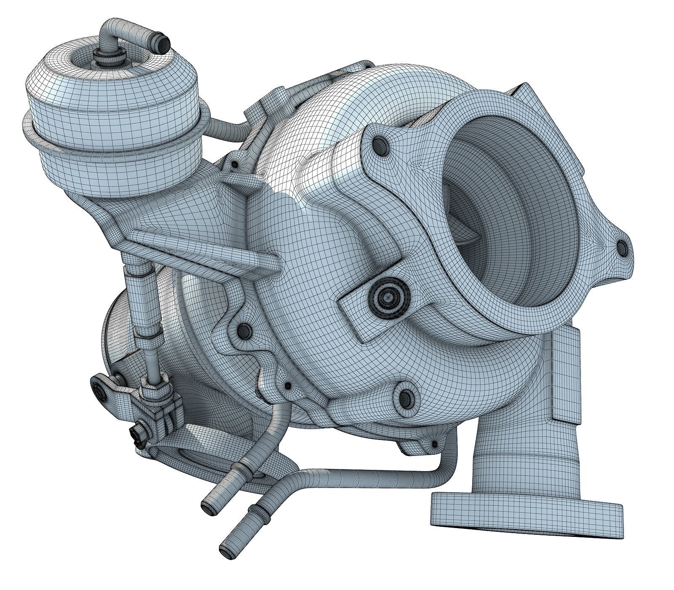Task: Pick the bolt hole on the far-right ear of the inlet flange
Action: click(x=622, y=248)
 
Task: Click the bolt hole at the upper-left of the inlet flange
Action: click(x=382, y=146)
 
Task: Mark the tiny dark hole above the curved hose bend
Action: click(x=288, y=386)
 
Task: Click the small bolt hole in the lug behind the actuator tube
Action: click(x=233, y=165)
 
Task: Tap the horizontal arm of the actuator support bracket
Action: click(x=202, y=249)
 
